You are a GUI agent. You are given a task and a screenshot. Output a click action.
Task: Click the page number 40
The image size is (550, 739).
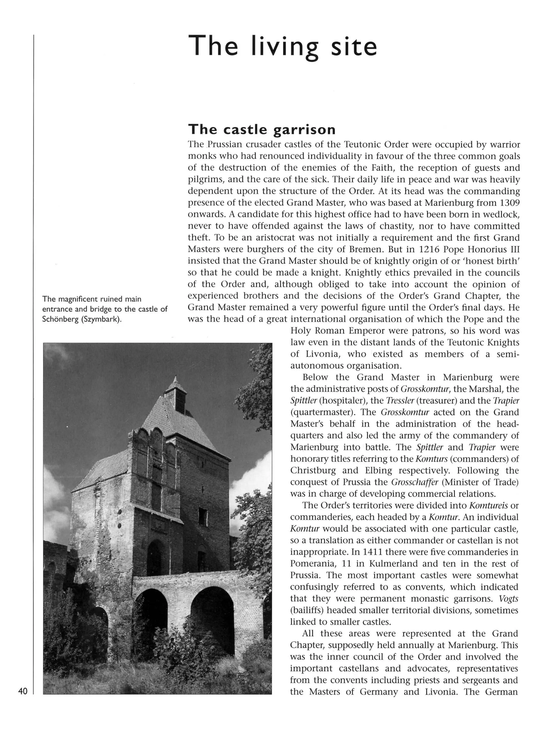(x=23, y=691)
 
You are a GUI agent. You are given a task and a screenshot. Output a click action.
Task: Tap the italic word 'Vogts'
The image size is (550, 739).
(x=508, y=598)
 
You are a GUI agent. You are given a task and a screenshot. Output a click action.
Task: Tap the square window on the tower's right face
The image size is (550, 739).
(x=202, y=517)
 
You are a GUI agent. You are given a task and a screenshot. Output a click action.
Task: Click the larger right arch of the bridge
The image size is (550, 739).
(x=212, y=620)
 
